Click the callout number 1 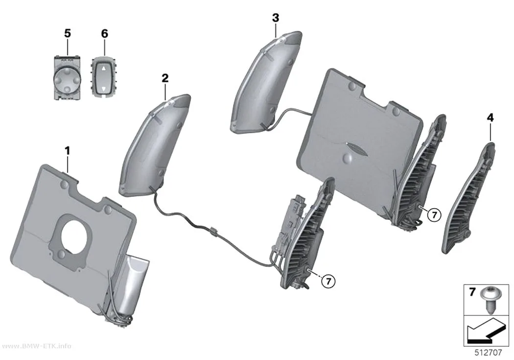(x=67, y=151)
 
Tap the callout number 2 (x=165, y=78)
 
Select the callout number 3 (x=275, y=18)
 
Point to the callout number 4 (x=490, y=118)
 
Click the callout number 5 (x=67, y=33)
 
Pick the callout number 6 (x=104, y=33)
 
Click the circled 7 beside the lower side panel (x=329, y=281)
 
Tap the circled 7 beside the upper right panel (x=434, y=215)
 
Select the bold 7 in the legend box (x=472, y=292)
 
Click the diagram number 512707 (x=488, y=353)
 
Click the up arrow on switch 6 (x=104, y=69)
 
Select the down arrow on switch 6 (x=104, y=89)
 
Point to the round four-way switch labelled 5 (x=67, y=78)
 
